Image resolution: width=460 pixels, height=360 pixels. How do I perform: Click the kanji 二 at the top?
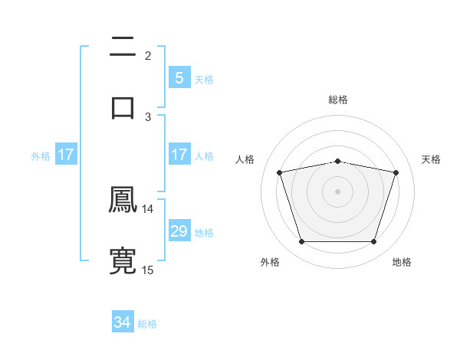pyautogui.click(x=123, y=47)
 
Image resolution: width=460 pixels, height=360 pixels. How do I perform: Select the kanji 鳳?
pyautogui.click(x=123, y=201)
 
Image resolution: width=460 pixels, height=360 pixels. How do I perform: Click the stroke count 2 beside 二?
pyautogui.click(x=148, y=55)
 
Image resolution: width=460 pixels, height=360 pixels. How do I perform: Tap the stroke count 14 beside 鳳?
pyautogui.click(x=148, y=208)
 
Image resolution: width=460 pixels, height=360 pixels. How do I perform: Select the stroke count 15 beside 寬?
pyautogui.click(x=148, y=270)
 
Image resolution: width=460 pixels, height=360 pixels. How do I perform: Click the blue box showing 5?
pyautogui.click(x=179, y=77)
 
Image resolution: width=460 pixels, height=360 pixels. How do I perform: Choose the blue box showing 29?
pyautogui.click(x=179, y=231)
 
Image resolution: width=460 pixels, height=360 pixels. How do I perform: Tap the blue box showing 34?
pyautogui.click(x=123, y=322)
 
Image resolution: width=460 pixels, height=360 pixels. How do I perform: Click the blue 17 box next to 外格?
pyautogui.click(x=66, y=155)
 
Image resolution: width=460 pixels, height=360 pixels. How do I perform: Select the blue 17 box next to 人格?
pyautogui.click(x=179, y=155)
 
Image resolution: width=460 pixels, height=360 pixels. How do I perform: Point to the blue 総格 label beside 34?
pyautogui.click(x=147, y=323)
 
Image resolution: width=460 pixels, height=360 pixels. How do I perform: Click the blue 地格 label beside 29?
pyautogui.click(x=204, y=232)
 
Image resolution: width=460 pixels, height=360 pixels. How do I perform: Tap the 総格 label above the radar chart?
pyautogui.click(x=337, y=100)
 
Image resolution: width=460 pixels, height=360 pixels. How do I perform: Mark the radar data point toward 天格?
pyautogui.click(x=396, y=172)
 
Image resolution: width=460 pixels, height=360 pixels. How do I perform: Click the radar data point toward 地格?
pyautogui.click(x=373, y=242)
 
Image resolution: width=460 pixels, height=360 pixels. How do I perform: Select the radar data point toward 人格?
pyautogui.click(x=279, y=172)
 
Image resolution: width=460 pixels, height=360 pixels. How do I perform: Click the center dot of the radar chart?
pyautogui.click(x=337, y=191)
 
